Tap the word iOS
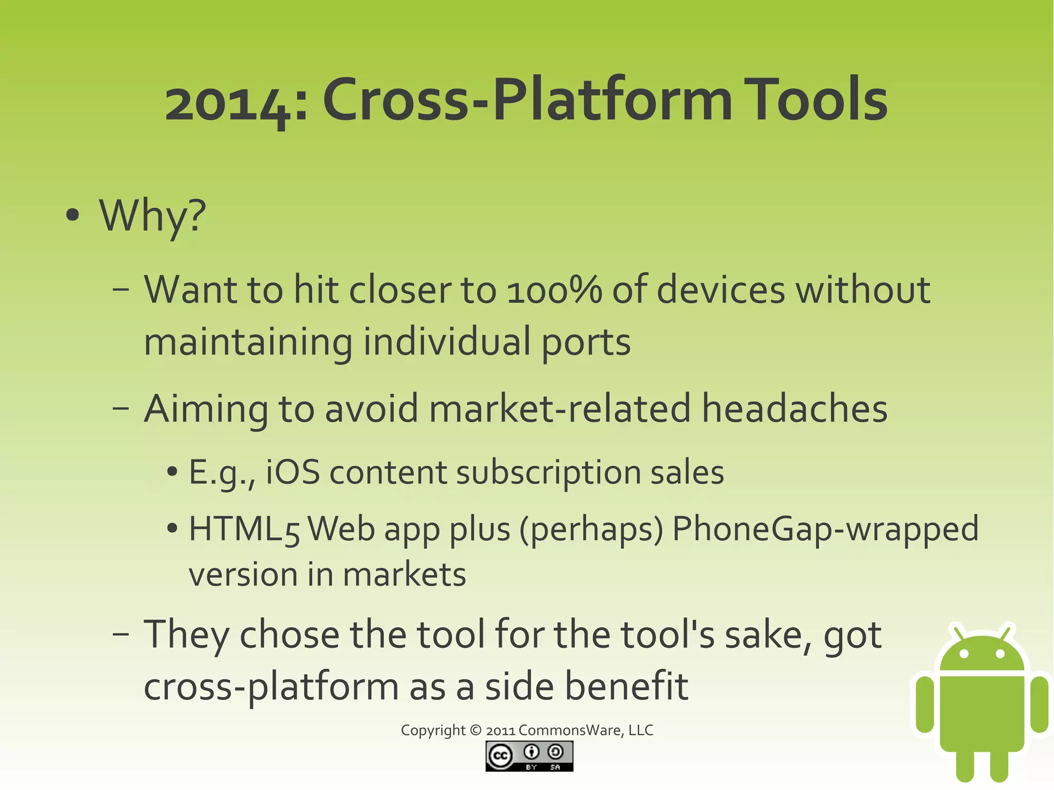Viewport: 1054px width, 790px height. (292, 472)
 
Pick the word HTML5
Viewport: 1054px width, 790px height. (244, 530)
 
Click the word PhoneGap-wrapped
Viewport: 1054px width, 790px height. (825, 530)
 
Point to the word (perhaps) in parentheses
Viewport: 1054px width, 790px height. (591, 530)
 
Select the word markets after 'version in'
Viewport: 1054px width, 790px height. (404, 575)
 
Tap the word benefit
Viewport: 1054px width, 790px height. (626, 687)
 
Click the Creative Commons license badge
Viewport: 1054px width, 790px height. (529, 756)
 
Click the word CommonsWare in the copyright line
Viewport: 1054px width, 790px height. (570, 730)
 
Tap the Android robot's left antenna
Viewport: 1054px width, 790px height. (958, 633)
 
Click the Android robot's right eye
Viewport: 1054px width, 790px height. (1000, 654)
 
